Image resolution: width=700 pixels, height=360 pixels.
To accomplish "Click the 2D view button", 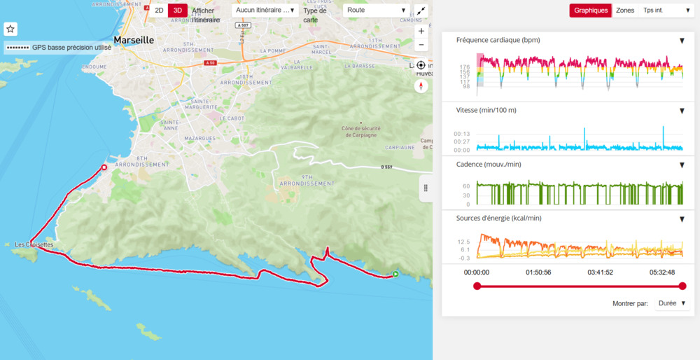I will click(159, 11).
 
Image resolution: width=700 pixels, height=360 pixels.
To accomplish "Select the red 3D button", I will click(178, 11).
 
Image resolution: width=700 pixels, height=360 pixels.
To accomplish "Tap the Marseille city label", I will click(134, 41).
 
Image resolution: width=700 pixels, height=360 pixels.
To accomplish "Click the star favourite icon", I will click(10, 29).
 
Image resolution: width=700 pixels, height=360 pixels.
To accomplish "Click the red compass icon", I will click(421, 86).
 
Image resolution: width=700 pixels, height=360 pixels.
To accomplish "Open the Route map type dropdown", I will click(376, 11).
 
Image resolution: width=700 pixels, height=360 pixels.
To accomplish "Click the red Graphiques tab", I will click(591, 11).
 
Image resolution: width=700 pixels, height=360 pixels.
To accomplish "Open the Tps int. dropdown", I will click(666, 11).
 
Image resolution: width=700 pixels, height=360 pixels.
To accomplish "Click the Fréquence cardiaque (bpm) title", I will click(498, 40).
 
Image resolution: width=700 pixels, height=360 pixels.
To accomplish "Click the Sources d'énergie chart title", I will click(498, 218).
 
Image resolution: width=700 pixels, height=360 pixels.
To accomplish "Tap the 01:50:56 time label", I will click(538, 272).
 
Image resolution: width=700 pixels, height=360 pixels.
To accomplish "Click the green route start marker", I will click(395, 275).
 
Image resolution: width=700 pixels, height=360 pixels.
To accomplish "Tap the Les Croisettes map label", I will click(34, 244).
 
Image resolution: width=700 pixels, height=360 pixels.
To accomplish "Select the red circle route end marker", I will click(104, 167).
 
